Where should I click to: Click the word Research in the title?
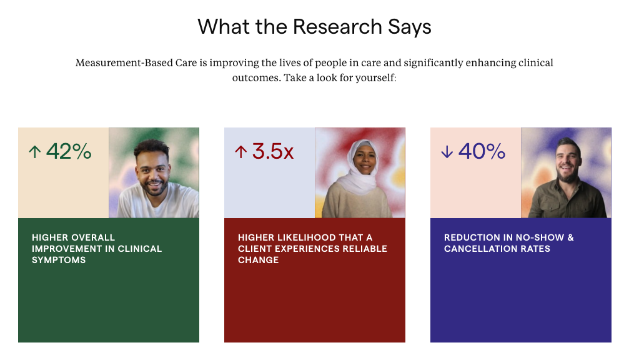tap(337, 27)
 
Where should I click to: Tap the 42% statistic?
tap(69, 151)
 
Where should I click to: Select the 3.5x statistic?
tap(272, 151)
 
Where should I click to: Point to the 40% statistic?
tap(482, 151)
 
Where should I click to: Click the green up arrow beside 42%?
tap(34, 152)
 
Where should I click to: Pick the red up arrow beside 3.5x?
tap(241, 152)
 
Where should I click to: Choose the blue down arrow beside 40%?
tap(447, 152)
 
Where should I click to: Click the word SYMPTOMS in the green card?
tap(59, 260)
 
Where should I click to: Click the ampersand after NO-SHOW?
tap(570, 237)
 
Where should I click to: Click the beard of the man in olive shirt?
tap(568, 175)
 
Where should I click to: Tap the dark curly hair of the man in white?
tap(152, 147)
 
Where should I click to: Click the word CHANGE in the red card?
tap(259, 260)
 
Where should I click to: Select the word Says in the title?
tap(410, 27)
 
